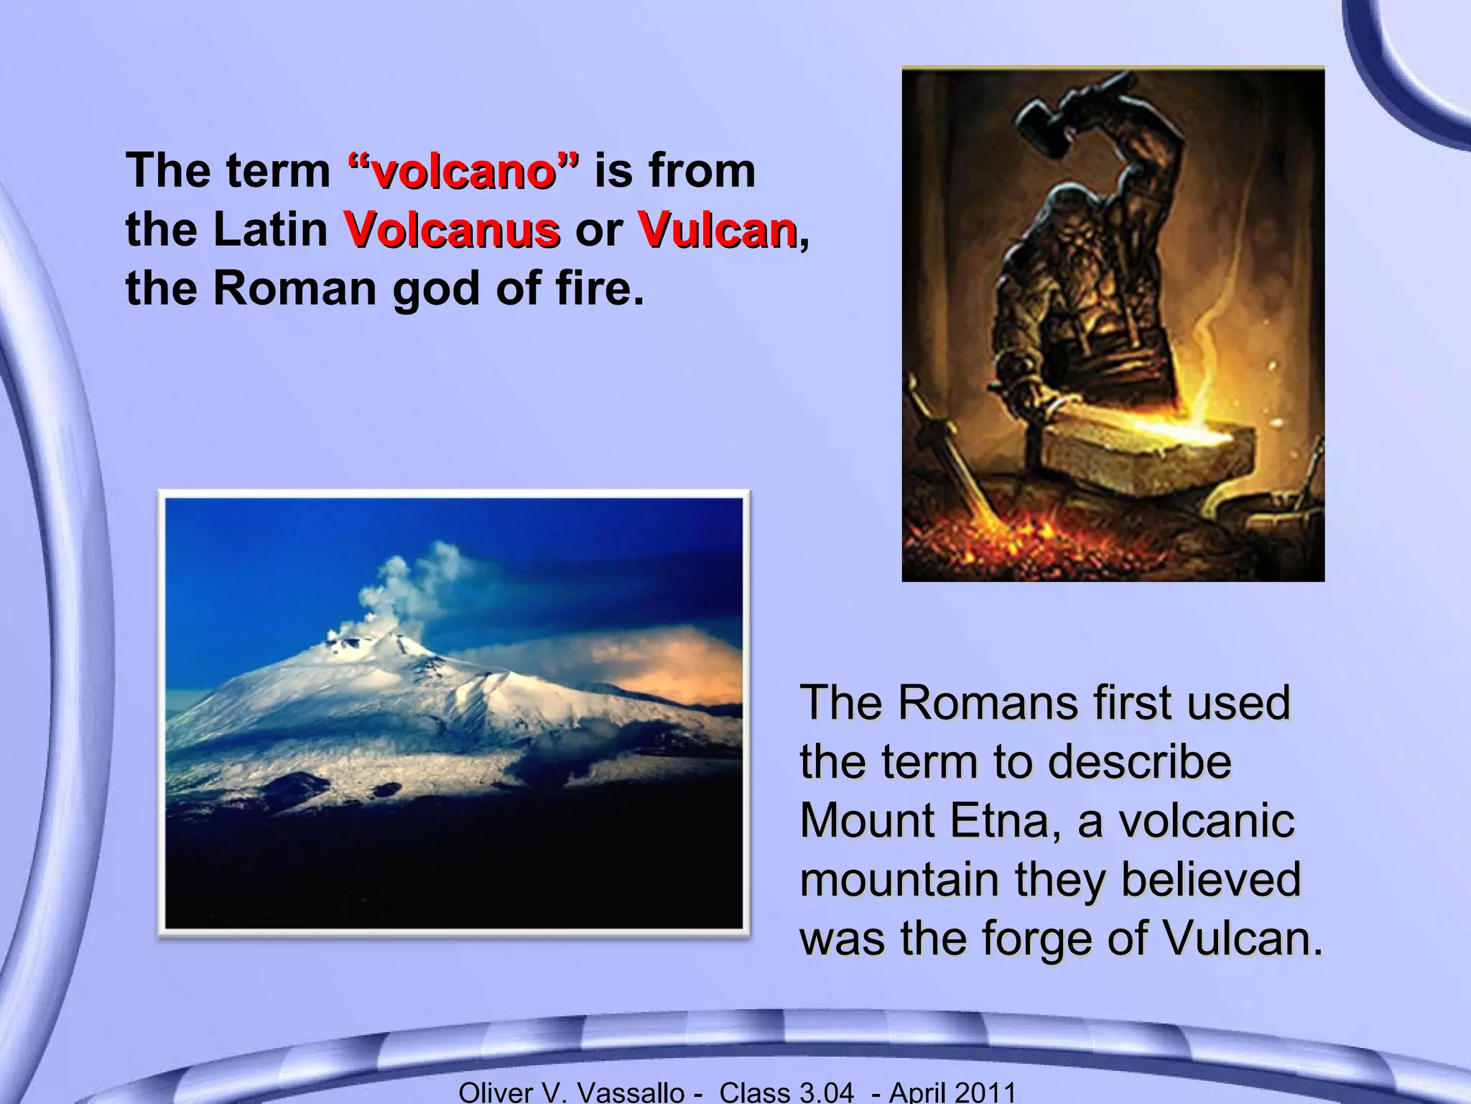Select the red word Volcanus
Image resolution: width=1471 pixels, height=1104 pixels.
452,231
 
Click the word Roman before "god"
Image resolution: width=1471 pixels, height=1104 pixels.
294,289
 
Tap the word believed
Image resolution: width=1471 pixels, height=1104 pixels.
1210,879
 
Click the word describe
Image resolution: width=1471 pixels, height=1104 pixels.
1139,761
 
